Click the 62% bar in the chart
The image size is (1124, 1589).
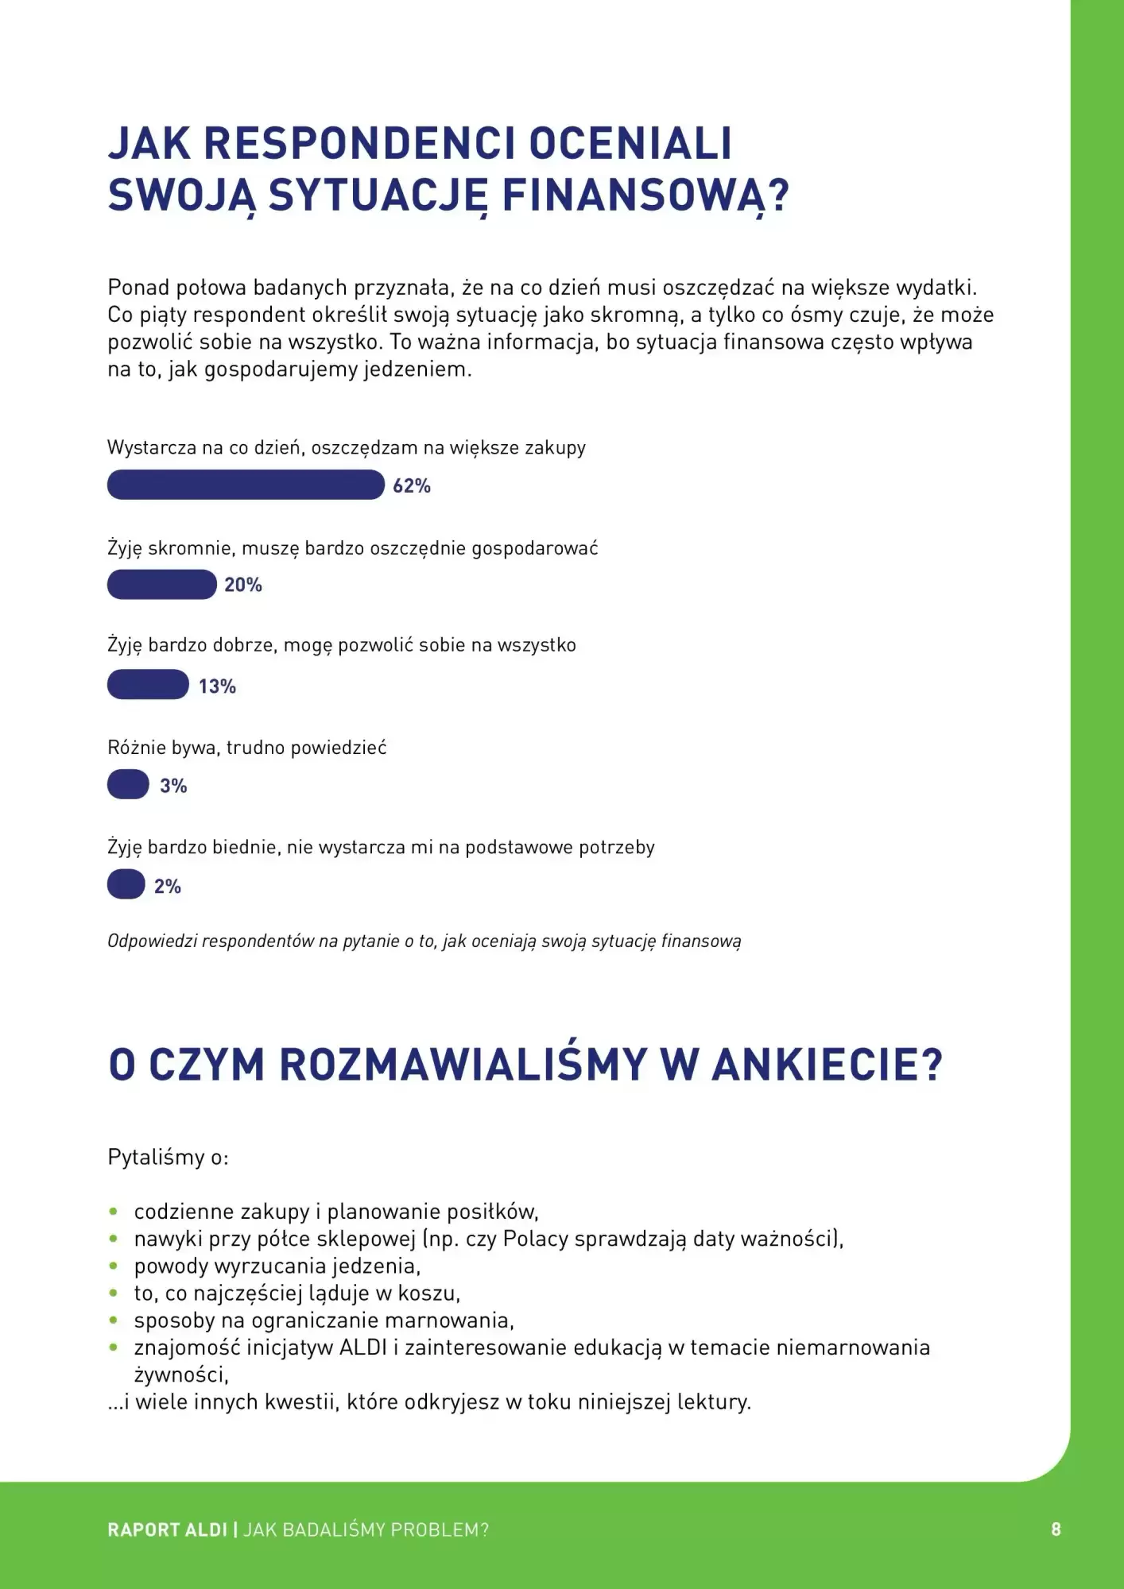click(x=245, y=485)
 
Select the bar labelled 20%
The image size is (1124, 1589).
click(x=161, y=585)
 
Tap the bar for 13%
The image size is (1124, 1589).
click(x=148, y=685)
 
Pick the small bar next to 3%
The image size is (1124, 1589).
click(x=128, y=784)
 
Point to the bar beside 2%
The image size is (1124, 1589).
click(x=126, y=884)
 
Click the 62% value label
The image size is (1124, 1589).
click(x=412, y=485)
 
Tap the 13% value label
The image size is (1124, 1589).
click(x=217, y=686)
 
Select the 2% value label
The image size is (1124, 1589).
click(x=168, y=886)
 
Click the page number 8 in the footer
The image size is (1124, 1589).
click(x=1056, y=1529)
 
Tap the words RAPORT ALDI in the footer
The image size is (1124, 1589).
click(x=167, y=1529)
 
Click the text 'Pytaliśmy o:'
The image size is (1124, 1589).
click(x=168, y=1157)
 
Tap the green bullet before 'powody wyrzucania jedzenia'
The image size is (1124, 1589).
click(x=114, y=1266)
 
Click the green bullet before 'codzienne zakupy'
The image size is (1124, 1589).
click(x=114, y=1212)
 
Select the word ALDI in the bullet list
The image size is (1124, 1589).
click(x=363, y=1347)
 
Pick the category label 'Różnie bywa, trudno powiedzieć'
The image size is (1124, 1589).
click(x=246, y=747)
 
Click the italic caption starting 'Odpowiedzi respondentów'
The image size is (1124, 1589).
click(x=424, y=941)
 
